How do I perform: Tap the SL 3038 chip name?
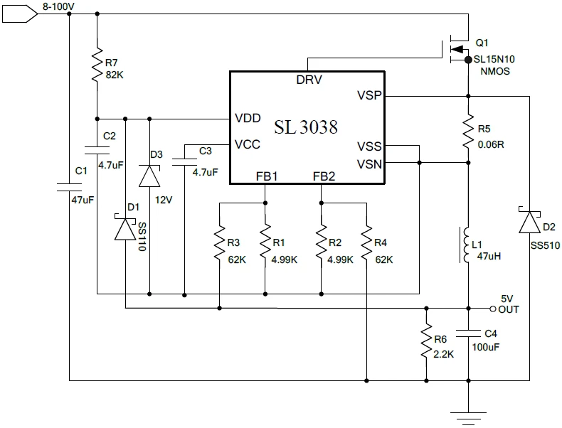[306, 127]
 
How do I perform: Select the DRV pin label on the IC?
[309, 80]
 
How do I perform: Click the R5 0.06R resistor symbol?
[468, 132]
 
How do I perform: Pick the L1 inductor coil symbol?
[468, 245]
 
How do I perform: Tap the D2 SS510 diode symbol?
[530, 223]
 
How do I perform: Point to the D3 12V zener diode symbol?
[150, 175]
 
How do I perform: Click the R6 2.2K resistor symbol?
[425, 343]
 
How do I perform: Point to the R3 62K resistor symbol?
[219, 244]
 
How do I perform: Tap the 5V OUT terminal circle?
[492, 309]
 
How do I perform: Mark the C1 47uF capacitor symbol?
[69, 187]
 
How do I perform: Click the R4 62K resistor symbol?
[366, 244]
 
